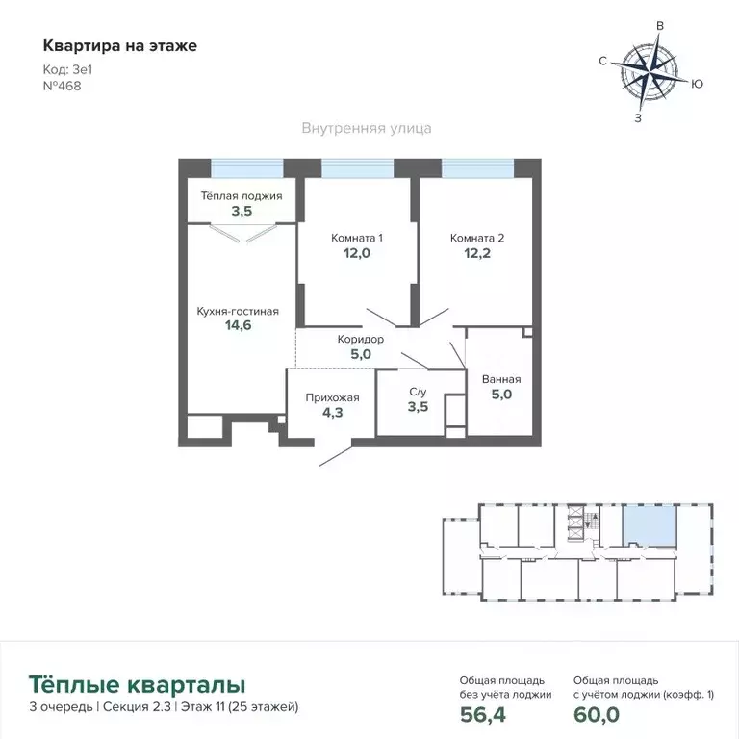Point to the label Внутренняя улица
[366, 127]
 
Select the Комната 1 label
[357, 238]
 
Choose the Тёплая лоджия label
[241, 195]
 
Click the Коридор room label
[361, 340]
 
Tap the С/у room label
[418, 392]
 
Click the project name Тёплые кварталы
[136, 684]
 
